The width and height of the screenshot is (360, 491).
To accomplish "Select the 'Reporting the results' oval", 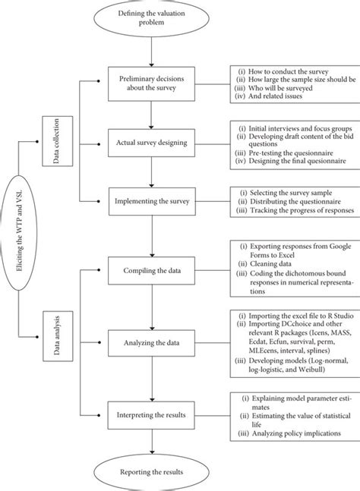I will coord(154,470).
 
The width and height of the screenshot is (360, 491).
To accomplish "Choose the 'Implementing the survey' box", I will coord(154,201).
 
